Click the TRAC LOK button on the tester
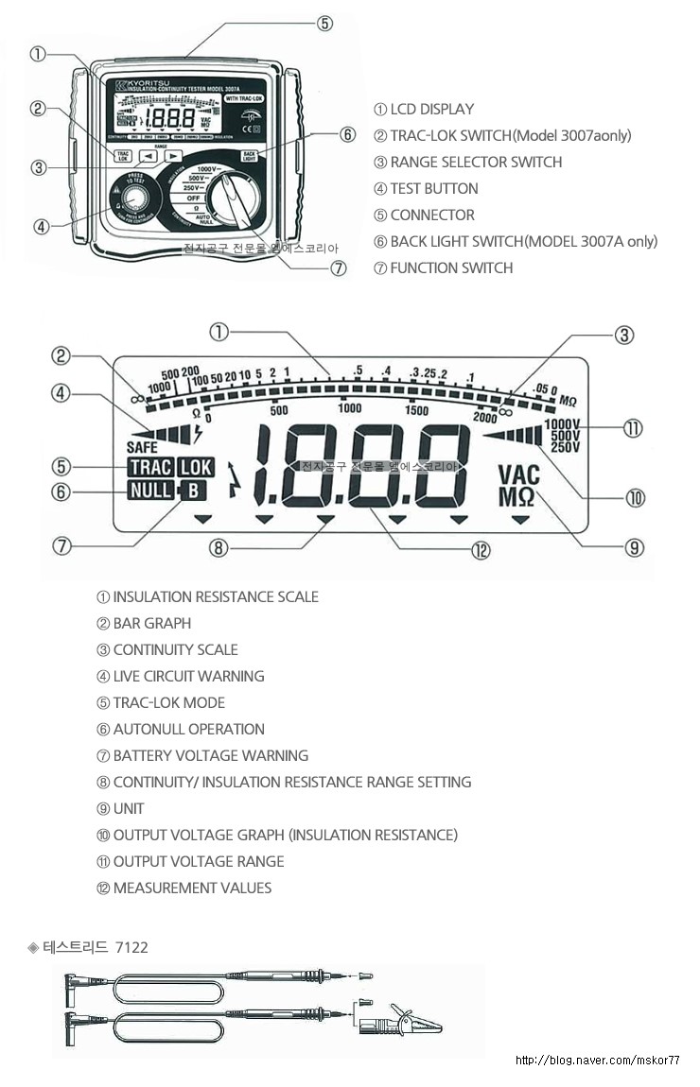pyautogui.click(x=122, y=157)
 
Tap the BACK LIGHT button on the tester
pyautogui.click(x=249, y=156)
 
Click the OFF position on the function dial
pyautogui.click(x=193, y=199)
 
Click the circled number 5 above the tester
pyautogui.click(x=324, y=24)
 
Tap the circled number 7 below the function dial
pyautogui.click(x=339, y=267)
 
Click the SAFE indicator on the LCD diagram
pyautogui.click(x=142, y=447)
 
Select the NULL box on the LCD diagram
pyautogui.click(x=148, y=491)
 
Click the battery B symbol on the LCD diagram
pyautogui.click(x=193, y=491)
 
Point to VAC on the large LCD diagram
pyautogui.click(x=518, y=474)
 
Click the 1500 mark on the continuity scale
pyautogui.click(x=416, y=410)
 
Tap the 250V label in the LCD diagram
pyautogui.click(x=565, y=447)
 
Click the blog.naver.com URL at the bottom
pyautogui.click(x=597, y=1061)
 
